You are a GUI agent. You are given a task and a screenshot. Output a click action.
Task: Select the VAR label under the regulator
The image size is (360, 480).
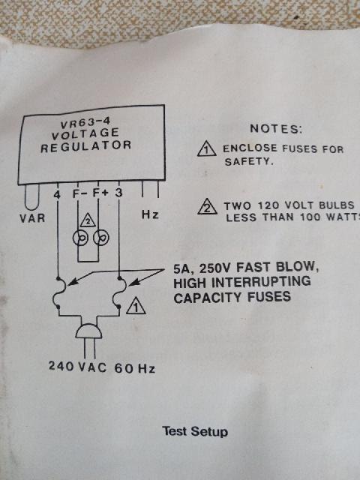pos(32,218)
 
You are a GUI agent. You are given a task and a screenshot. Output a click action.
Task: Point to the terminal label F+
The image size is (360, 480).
pos(100,193)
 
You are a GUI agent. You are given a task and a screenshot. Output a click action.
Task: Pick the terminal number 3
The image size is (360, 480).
pos(118,193)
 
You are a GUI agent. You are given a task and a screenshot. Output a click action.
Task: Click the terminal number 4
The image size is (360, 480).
pos(57,194)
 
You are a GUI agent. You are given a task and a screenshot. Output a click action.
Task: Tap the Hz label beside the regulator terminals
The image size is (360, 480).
pos(150,214)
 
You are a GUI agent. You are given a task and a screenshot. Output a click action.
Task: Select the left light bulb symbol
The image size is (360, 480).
pos(80,238)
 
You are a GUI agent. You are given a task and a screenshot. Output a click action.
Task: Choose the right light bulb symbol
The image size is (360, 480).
pos(101,238)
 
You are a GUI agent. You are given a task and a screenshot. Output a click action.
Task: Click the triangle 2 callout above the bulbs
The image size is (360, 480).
pos(88,220)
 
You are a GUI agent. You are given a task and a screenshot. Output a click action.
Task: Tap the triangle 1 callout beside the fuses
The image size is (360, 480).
pos(136,306)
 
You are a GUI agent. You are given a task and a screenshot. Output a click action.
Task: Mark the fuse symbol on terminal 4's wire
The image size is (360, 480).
pos(59,292)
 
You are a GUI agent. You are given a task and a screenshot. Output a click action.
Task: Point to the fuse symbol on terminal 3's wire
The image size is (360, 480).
pos(119,292)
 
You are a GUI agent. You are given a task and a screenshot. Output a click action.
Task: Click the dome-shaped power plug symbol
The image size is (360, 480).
pos(88,331)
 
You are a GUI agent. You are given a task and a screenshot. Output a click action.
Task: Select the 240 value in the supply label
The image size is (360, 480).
pos(61,366)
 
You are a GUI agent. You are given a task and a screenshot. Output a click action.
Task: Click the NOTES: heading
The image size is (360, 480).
pos(276,128)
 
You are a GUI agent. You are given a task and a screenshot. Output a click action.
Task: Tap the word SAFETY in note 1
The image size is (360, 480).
pos(248,162)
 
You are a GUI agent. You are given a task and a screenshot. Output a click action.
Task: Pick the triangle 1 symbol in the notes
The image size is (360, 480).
pos(207,148)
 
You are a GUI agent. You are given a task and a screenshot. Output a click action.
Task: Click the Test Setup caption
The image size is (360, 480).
pos(195,431)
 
